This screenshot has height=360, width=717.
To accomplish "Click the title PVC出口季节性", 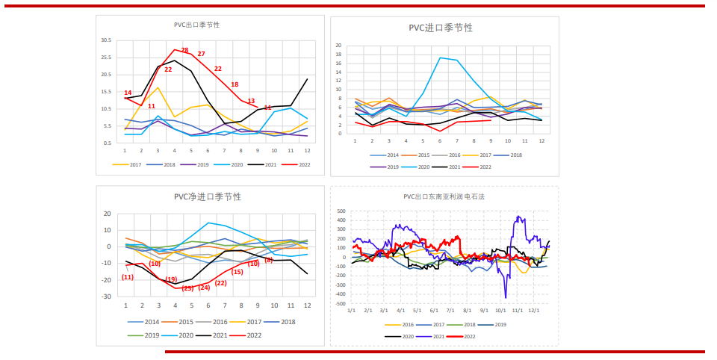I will click(x=196, y=25).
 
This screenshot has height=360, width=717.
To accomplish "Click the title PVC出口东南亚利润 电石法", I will click(x=443, y=196).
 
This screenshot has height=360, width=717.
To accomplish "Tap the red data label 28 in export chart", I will click(x=184, y=50).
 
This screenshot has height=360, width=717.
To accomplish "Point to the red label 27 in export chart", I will click(x=201, y=54).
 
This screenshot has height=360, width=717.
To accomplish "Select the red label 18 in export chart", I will click(x=235, y=84).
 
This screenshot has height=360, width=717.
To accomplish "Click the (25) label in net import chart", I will click(x=187, y=288).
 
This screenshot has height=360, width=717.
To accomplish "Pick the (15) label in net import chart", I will click(x=238, y=272).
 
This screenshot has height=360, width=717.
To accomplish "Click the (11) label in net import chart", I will click(x=128, y=277).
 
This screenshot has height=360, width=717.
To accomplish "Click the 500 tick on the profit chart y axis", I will click(x=341, y=211).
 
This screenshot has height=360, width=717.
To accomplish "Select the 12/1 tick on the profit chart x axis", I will click(x=533, y=310).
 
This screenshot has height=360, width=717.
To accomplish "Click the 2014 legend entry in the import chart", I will click(x=388, y=155).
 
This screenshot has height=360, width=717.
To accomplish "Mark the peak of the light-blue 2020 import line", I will click(x=440, y=58).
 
